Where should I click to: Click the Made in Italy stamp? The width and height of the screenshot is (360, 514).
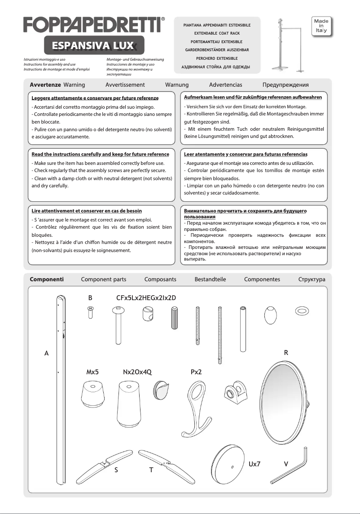pos(320,27)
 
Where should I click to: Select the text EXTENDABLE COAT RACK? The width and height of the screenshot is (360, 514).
pos(217,33)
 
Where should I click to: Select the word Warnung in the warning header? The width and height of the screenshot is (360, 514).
pos(177,84)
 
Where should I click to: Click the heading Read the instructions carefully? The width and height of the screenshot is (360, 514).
pos(101,154)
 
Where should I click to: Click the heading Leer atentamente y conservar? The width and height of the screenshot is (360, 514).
pos(246,154)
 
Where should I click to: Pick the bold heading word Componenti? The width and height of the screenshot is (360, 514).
pos(47,279)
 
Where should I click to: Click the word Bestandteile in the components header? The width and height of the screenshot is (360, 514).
pos(210,279)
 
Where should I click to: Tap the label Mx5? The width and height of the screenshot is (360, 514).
pos(92,372)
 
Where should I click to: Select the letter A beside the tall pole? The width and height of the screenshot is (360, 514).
pos(46,353)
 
